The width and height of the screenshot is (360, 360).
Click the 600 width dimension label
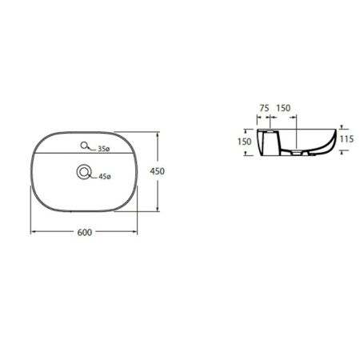click(x=85, y=232)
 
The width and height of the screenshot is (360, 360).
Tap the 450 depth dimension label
click(x=157, y=171)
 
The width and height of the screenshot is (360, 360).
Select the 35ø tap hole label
click(x=103, y=149)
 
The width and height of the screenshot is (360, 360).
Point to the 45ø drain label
click(x=105, y=176)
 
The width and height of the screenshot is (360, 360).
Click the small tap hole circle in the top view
click(x=84, y=145)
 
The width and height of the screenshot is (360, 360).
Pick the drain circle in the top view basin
click(x=84, y=172)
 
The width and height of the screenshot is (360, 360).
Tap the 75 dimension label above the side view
click(x=264, y=108)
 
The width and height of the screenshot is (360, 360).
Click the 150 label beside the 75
click(x=283, y=108)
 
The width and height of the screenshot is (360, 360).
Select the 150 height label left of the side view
click(x=245, y=142)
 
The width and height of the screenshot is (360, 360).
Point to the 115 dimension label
click(x=346, y=139)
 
